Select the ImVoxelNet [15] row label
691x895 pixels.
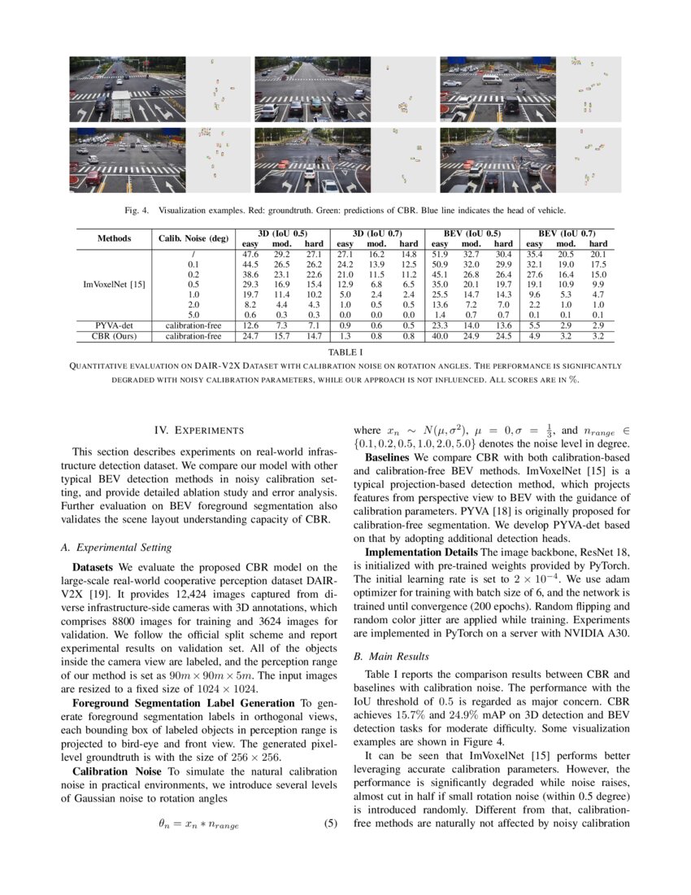coord(114,284)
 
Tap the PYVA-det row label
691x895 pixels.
coord(114,325)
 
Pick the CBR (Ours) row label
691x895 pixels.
coord(114,334)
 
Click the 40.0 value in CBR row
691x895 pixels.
coord(440,334)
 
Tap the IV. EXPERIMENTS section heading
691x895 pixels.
coord(199,430)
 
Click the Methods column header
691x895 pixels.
coord(114,238)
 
